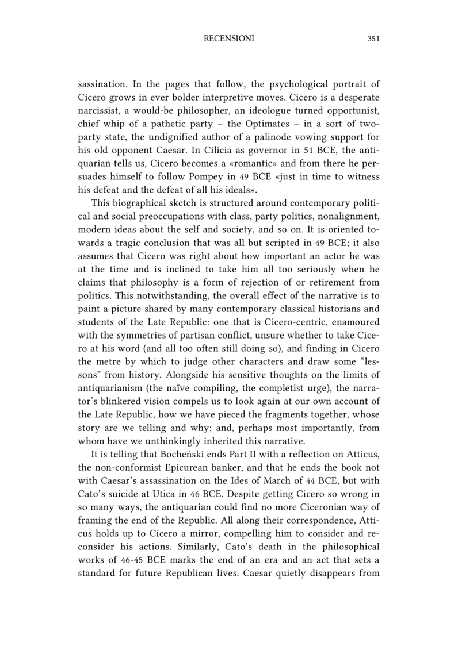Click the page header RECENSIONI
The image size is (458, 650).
click(x=229, y=39)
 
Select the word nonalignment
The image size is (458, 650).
click(x=349, y=206)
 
